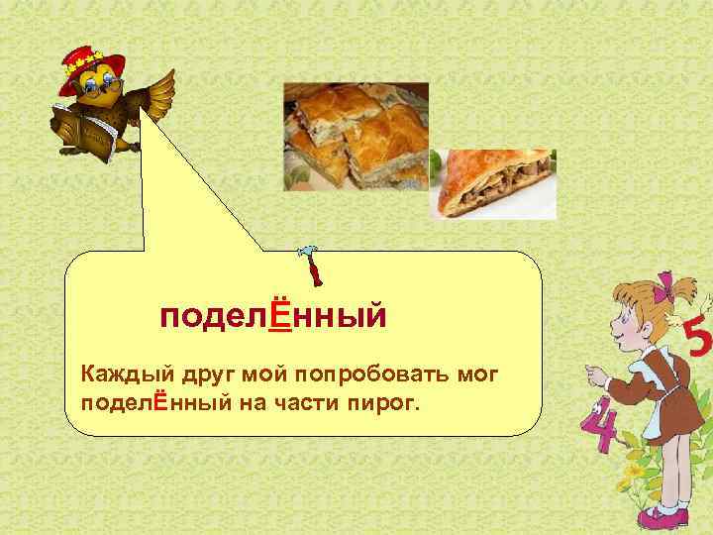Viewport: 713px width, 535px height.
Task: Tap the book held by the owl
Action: coord(84,129)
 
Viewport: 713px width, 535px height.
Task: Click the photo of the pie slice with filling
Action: coord(497,183)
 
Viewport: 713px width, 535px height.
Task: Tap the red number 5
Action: coord(697,341)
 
